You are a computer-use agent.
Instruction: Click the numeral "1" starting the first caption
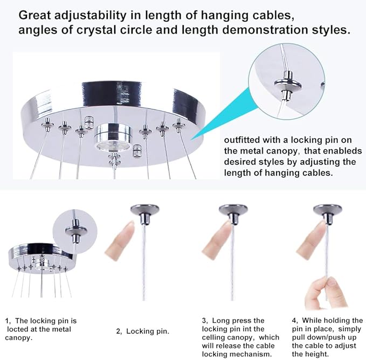[7, 320]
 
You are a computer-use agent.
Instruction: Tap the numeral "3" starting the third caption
[204, 320]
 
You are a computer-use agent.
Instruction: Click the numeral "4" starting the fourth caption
[294, 320]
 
